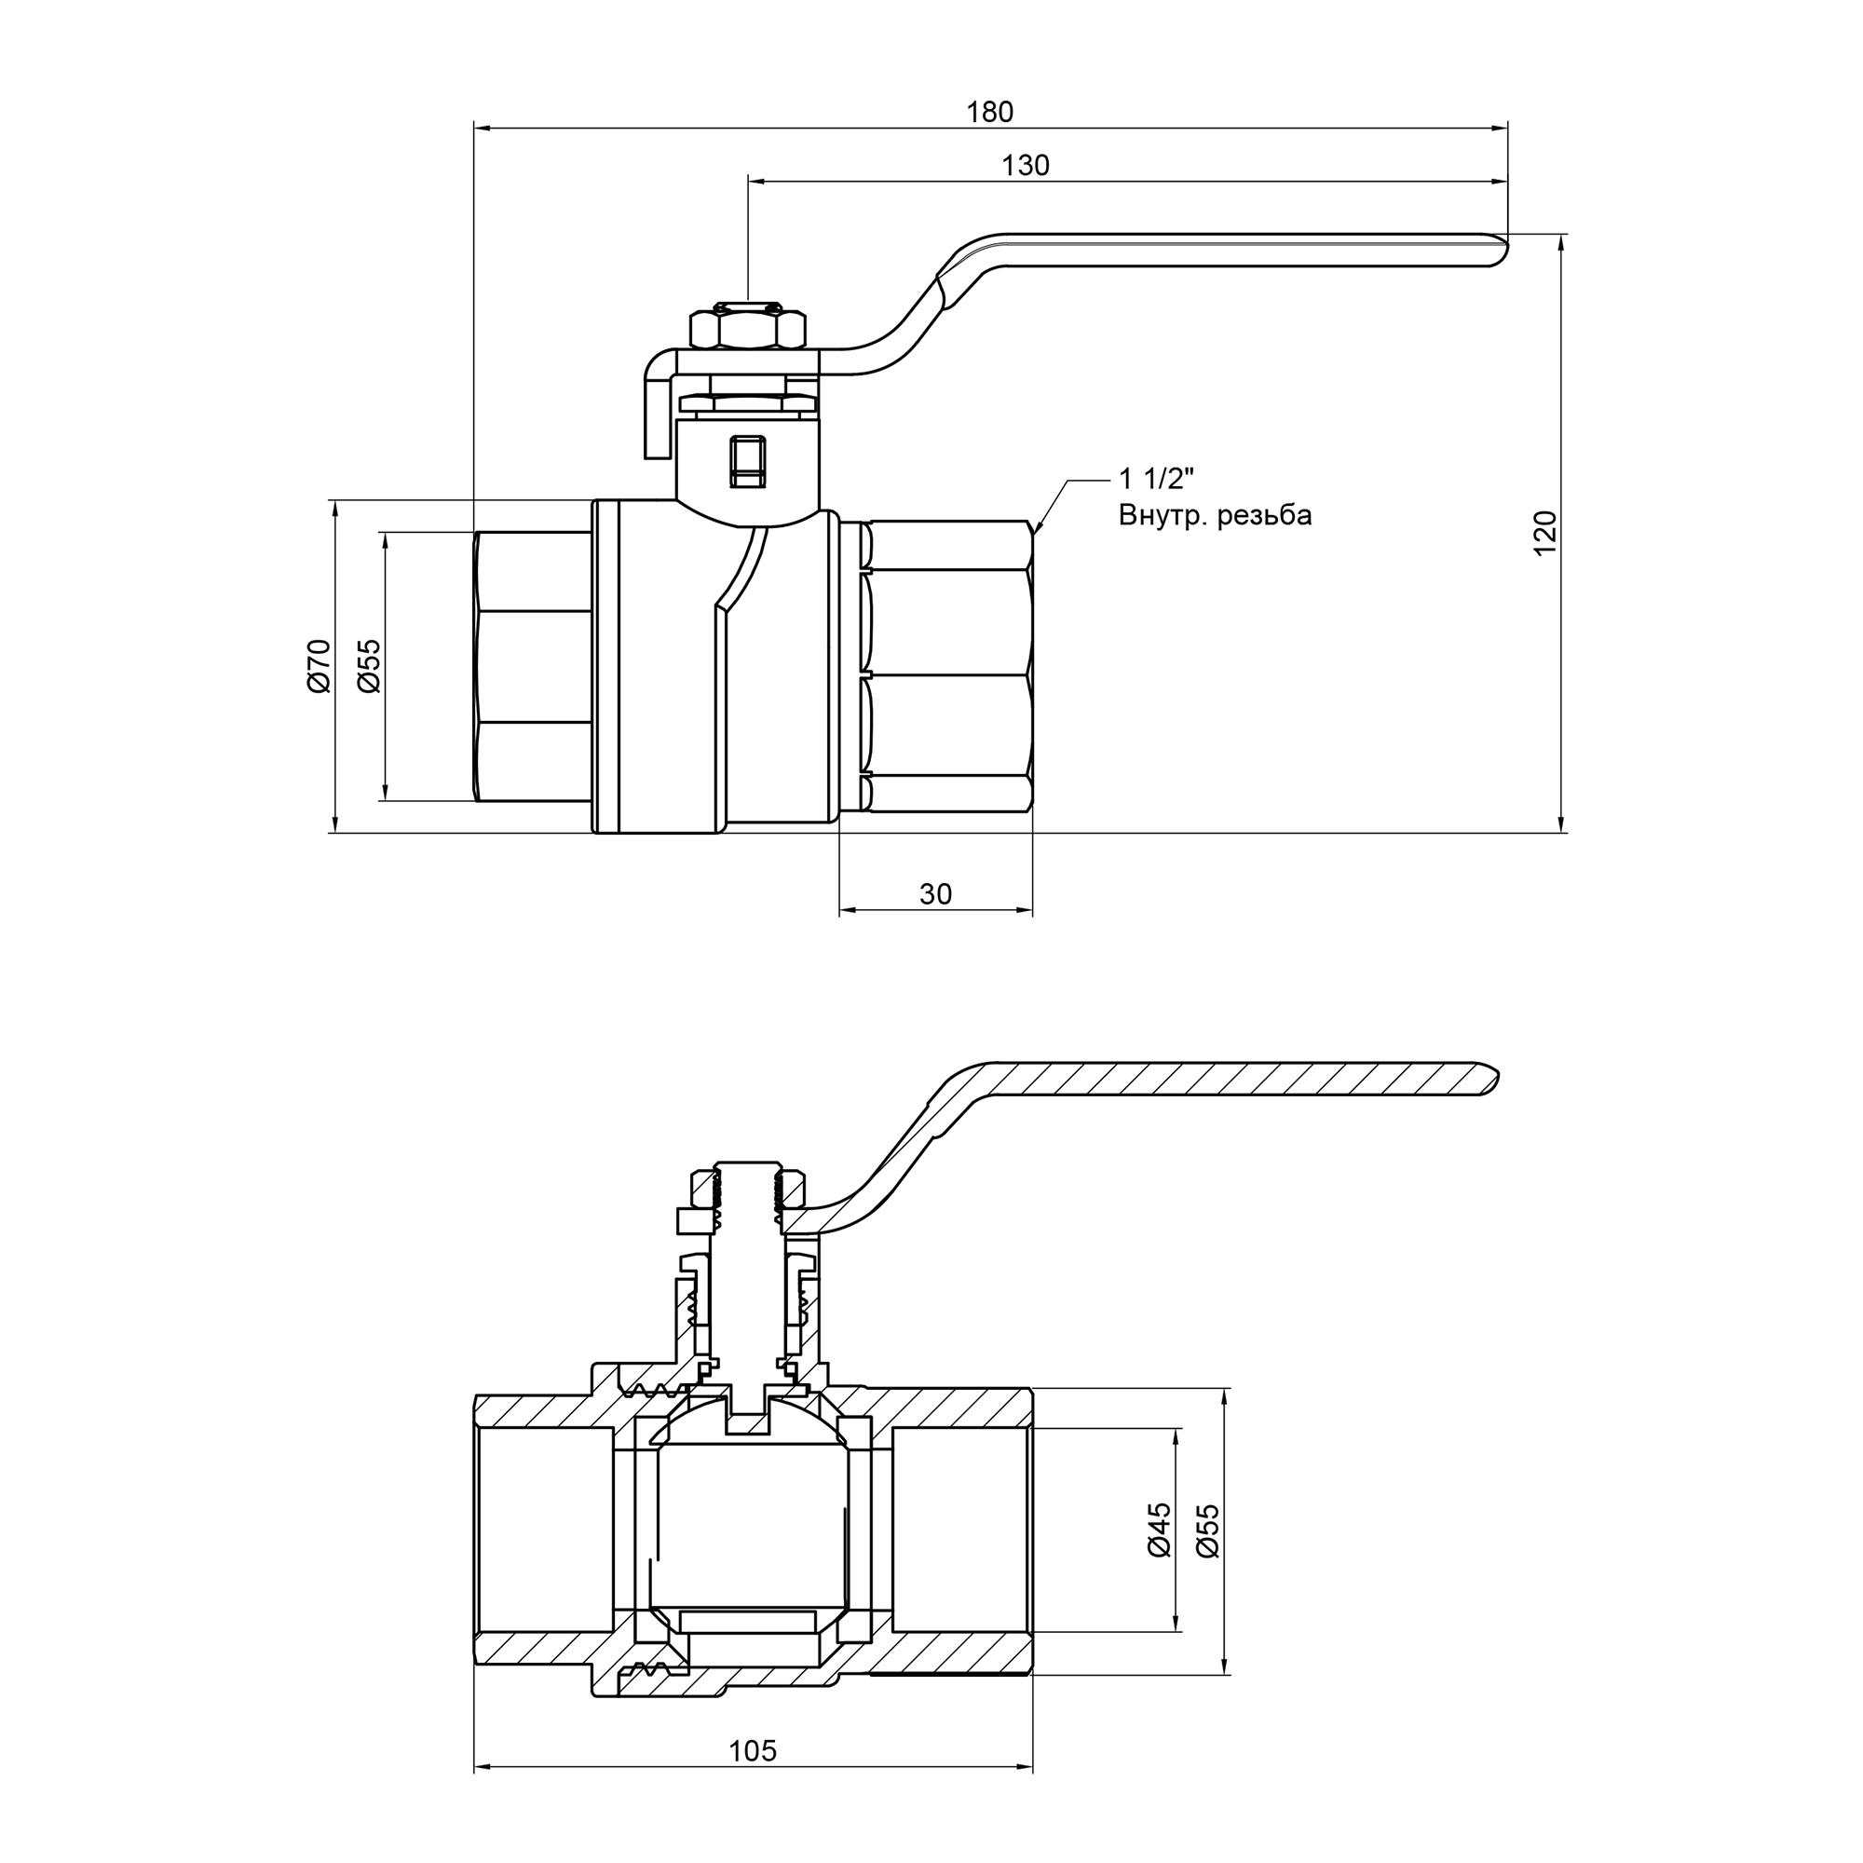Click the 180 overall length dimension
tap(989, 113)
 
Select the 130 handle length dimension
tap(1025, 166)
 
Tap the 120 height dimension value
tap(1544, 532)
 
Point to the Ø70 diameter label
tap(320, 665)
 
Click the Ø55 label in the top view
tap(369, 665)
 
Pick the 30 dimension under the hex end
tap(934, 894)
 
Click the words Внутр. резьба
tap(1214, 516)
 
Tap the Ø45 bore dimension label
tap(1159, 1530)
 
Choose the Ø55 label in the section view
tap(1207, 1530)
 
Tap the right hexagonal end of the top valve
tap(950, 665)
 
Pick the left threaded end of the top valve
tap(533, 665)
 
